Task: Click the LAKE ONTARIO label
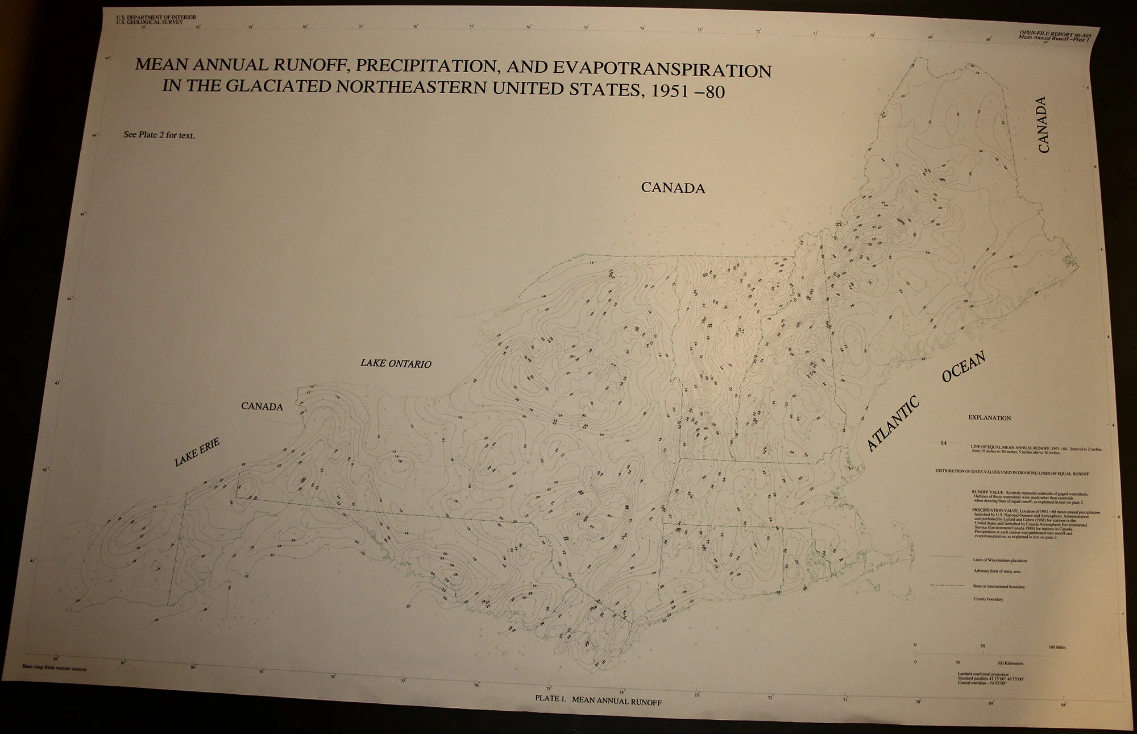pos(396,363)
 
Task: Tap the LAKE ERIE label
pos(197,453)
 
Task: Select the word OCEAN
pos(963,367)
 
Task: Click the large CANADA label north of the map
pos(673,188)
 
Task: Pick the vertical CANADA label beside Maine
pos(1042,125)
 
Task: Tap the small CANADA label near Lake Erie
pos(262,407)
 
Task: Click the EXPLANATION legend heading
pos(989,418)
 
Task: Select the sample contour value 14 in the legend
pos(943,443)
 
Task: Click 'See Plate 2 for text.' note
pos(159,135)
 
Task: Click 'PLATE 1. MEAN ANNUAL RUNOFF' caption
pos(598,700)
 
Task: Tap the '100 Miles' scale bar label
pos(1058,647)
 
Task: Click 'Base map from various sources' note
pos(55,668)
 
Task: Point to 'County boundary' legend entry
pos(988,599)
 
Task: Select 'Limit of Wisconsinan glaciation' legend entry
pos(1000,561)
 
